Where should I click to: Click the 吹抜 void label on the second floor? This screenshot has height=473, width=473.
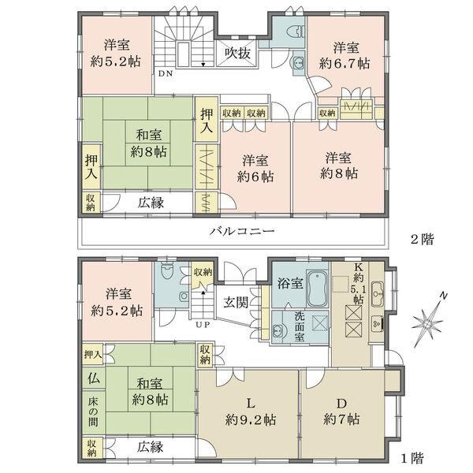point(238,54)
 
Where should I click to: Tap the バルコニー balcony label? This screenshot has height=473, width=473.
point(242,231)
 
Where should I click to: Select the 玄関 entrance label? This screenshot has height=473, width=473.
point(236,302)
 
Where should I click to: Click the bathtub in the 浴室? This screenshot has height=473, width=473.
point(318,289)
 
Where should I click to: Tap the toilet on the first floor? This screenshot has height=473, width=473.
point(166,271)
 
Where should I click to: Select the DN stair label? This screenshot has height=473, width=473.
point(166,73)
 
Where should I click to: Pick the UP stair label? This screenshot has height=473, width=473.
point(203,325)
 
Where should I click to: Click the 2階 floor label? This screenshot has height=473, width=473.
point(423,240)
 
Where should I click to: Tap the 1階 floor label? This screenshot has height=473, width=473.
point(412,458)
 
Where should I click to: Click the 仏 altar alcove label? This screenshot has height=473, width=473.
point(94,378)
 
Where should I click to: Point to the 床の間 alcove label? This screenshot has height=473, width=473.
point(93,412)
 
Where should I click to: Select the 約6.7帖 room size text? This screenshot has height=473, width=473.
point(345,64)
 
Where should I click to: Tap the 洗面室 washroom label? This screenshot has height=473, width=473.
point(300,326)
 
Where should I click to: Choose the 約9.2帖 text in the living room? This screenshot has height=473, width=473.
point(251,419)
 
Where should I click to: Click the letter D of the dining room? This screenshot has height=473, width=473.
point(341,403)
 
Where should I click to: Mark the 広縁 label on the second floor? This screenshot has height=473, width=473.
point(151,203)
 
